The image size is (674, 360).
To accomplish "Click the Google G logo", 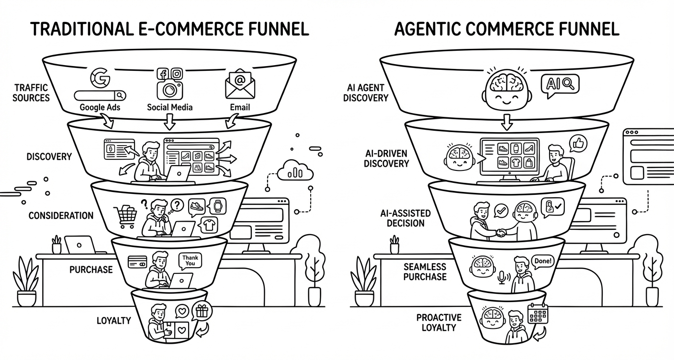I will [x=100, y=78].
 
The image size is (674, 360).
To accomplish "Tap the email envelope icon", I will [x=240, y=83].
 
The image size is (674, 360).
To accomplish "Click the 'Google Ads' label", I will [x=100, y=107].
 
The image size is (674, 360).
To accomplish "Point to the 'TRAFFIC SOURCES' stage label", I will [x=31, y=92].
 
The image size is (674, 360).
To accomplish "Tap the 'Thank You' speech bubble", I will [x=190, y=261].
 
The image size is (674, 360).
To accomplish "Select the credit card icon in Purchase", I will [x=136, y=261].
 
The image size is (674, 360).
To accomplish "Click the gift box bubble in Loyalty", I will [x=201, y=312].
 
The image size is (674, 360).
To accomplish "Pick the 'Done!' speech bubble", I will [x=542, y=261].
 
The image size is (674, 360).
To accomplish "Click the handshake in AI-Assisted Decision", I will [x=501, y=232].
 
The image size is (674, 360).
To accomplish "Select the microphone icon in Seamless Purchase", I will [x=502, y=278].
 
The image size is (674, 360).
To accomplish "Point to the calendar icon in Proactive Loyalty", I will [x=537, y=314].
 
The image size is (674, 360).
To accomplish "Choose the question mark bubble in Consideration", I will [x=176, y=205].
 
